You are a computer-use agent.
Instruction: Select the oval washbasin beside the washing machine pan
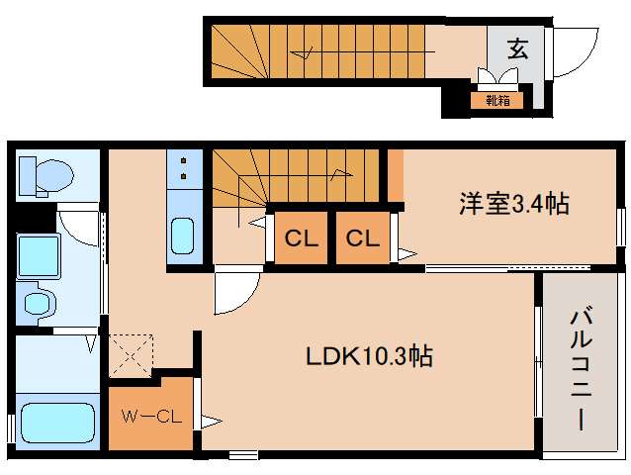point(39,302)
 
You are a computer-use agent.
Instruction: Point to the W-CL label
point(149,417)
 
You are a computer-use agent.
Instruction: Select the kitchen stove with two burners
point(185,169)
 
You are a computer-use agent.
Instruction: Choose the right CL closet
point(363,238)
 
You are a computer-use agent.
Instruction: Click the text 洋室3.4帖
point(512,204)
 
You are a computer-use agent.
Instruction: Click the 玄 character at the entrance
point(517,48)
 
